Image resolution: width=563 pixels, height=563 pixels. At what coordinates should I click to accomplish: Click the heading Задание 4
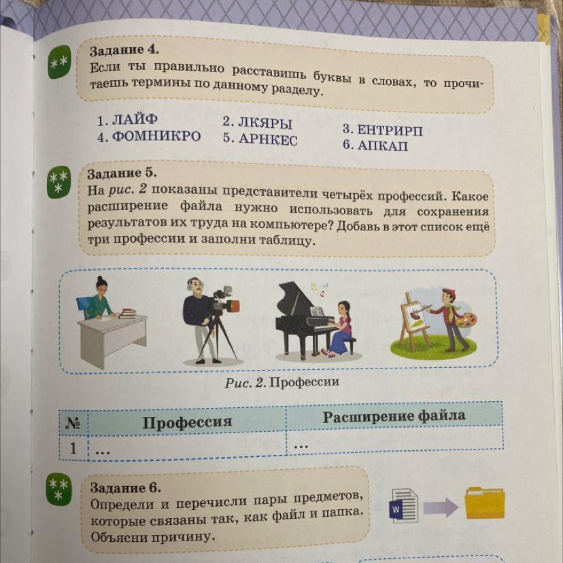tap(124, 50)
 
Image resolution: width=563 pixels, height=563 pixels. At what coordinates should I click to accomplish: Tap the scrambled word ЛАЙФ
tap(135, 120)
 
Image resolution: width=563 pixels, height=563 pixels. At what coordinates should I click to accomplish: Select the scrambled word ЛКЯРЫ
tap(265, 123)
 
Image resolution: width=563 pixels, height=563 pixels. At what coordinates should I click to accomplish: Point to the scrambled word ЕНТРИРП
tap(390, 130)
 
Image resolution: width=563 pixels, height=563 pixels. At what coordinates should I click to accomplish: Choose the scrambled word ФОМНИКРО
tap(156, 137)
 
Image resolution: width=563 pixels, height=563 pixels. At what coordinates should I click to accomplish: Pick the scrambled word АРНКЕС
tap(268, 139)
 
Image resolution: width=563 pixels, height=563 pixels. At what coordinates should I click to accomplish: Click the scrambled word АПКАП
tap(383, 146)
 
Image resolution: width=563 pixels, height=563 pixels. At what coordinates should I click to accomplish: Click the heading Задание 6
tap(126, 488)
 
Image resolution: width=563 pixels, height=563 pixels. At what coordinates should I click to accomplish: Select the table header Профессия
tap(187, 422)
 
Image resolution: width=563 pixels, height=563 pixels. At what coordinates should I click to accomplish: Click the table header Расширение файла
tap(394, 416)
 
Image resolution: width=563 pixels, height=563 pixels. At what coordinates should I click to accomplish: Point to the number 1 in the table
tap(73, 447)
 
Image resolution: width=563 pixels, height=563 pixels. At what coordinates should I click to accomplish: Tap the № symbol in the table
tap(73, 423)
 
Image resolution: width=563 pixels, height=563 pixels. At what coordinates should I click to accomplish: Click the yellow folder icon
tap(485, 502)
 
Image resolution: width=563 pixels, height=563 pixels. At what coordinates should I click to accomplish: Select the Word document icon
tap(404, 505)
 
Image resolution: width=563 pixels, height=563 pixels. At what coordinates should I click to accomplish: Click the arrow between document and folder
tap(441, 507)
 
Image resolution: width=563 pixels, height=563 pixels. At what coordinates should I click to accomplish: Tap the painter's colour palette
tap(466, 320)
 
